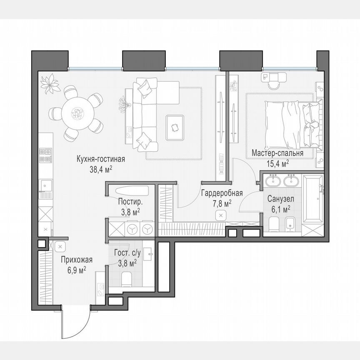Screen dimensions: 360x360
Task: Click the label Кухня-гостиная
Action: (x=100, y=159)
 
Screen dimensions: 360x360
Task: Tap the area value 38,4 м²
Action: (x=100, y=169)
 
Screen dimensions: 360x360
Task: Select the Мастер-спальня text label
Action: (x=277, y=154)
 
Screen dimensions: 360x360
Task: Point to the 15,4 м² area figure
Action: (x=277, y=164)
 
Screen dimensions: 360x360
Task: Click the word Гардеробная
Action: (x=222, y=193)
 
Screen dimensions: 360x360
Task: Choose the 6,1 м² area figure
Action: (x=280, y=209)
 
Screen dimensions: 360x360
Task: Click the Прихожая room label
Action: (x=76, y=260)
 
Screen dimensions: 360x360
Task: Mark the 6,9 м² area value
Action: (x=76, y=270)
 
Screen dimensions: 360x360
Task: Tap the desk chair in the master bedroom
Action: (x=273, y=83)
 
